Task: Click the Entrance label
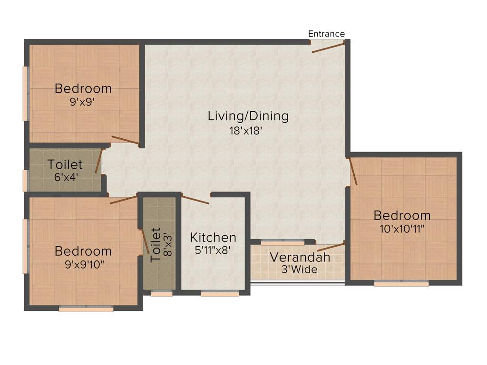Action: pos(326,34)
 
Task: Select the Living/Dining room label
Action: pos(248,116)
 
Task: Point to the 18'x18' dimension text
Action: pos(246,131)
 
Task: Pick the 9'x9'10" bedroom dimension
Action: pos(85,264)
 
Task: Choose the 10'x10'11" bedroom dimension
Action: pos(402,229)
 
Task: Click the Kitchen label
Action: pos(213,237)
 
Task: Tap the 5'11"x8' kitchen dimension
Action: pos(213,250)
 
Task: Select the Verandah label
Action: pos(300,258)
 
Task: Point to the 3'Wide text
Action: pos(300,270)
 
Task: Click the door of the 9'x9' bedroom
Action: pos(125,140)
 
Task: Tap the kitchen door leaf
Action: pos(195,200)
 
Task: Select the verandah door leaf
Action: pos(331,246)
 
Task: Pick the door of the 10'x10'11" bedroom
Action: pos(353,171)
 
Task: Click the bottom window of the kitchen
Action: pos(220,294)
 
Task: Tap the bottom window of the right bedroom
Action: pos(401,284)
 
